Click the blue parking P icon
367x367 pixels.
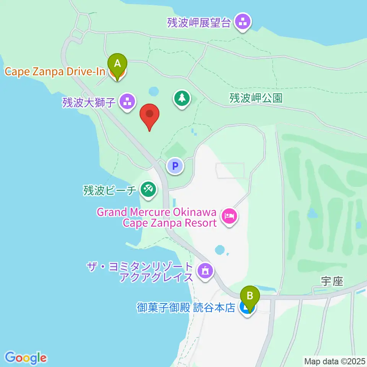[x=175, y=166]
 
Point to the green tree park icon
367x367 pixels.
[x=182, y=98]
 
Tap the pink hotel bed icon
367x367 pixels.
[x=229, y=217]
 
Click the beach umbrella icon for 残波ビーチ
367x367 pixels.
[x=147, y=189]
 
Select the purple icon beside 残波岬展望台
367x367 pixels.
[x=242, y=22]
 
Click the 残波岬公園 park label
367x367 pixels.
[x=256, y=98]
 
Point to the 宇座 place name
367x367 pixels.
[x=332, y=282]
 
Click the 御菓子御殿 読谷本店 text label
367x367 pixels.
[x=186, y=307]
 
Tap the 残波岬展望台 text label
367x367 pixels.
[x=199, y=23]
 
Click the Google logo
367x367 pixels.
[x=26, y=357]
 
